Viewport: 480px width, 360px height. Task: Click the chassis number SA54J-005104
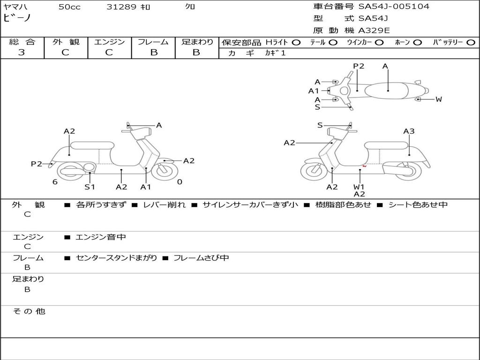pos(394,7)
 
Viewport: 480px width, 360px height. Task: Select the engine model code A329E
pos(374,31)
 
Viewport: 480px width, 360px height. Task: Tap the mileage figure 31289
pos(121,7)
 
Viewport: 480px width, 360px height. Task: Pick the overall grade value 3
pos(22,52)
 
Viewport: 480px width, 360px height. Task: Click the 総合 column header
pos(22,42)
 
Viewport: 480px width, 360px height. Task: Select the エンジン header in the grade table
pos(109,42)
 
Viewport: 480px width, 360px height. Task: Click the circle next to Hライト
pos(296,43)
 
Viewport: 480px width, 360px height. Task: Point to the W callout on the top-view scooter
pos(439,99)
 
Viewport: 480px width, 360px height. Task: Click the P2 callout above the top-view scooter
pos(359,66)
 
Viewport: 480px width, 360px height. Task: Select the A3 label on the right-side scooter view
pos(409,131)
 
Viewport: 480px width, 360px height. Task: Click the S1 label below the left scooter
pos(90,187)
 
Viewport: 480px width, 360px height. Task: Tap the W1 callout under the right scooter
pos(360,187)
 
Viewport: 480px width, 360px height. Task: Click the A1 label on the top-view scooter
pos(314,91)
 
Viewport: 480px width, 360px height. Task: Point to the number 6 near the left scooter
pos(55,182)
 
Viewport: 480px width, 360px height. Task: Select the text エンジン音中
pos(101,237)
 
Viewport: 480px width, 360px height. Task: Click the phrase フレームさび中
pos(201,258)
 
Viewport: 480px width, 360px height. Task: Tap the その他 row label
pos(29,311)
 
